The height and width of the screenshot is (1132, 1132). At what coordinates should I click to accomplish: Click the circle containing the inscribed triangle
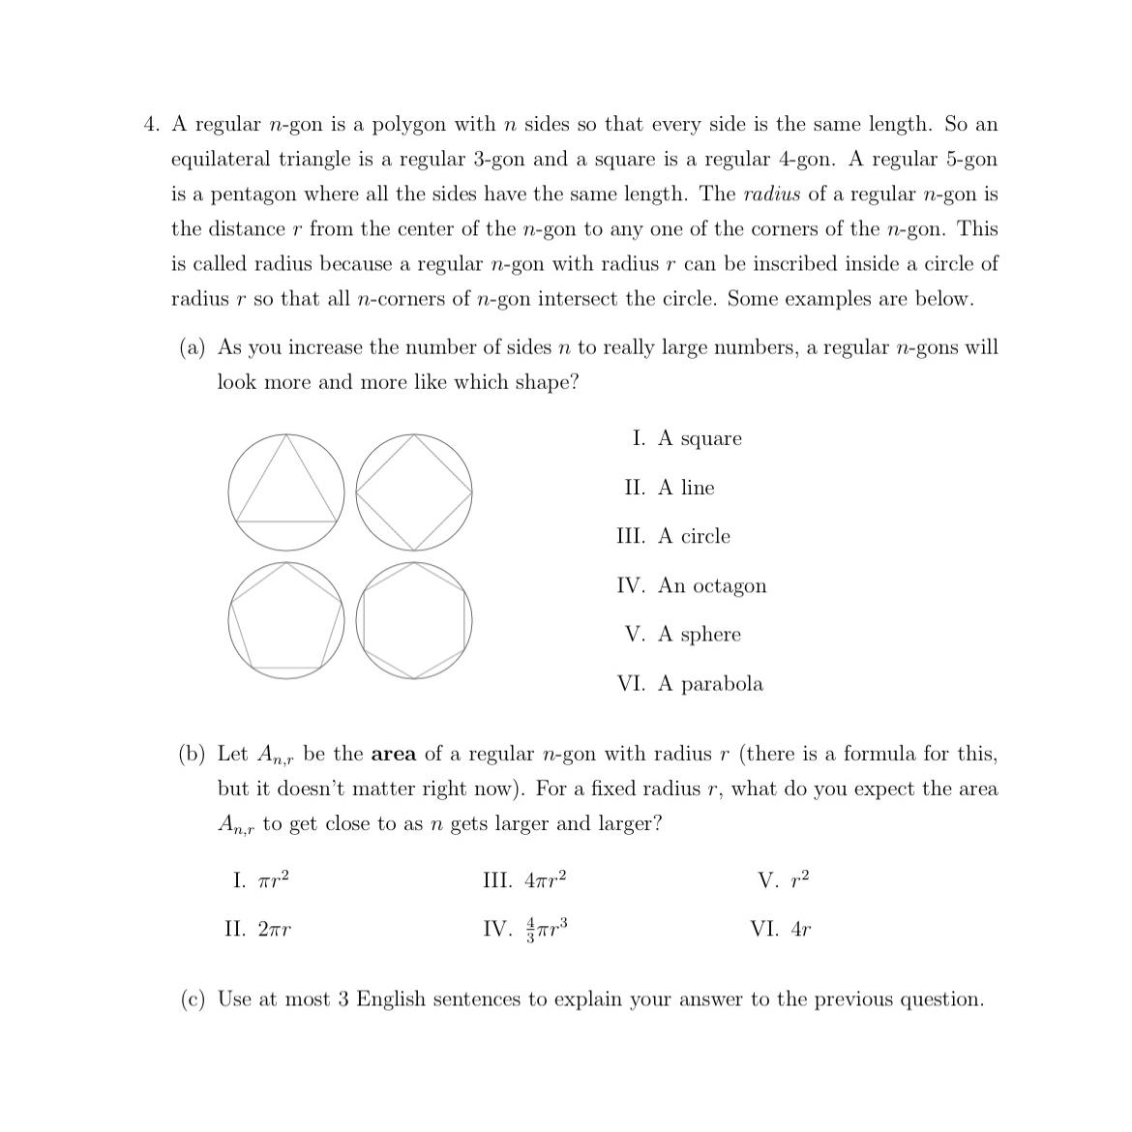[286, 492]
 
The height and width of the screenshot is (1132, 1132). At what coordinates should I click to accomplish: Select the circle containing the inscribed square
[414, 492]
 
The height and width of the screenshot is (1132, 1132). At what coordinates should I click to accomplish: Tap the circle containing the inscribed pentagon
[286, 620]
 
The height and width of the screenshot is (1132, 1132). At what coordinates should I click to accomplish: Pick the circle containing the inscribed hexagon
[414, 620]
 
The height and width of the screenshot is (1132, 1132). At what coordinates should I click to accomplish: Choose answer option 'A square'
[700, 439]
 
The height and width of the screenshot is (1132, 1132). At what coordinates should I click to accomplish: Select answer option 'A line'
[686, 488]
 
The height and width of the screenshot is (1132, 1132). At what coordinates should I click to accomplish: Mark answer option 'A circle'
[694, 537]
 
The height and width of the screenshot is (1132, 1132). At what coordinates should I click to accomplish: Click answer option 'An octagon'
[712, 586]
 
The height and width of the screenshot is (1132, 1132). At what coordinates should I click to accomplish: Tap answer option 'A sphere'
[700, 635]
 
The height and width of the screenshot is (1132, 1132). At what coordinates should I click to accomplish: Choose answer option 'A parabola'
[710, 684]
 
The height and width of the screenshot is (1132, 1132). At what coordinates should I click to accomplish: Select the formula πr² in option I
[274, 880]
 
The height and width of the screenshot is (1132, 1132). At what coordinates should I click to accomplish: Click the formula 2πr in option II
[275, 930]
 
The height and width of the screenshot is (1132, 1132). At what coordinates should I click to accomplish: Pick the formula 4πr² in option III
[545, 880]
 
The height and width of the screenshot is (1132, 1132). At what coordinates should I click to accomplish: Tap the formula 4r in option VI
[800, 930]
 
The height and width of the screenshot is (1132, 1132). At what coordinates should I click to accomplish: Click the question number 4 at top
[151, 125]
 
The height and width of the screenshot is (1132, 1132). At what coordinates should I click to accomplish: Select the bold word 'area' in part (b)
[394, 754]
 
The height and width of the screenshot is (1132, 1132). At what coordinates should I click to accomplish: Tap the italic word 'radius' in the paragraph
[771, 194]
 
